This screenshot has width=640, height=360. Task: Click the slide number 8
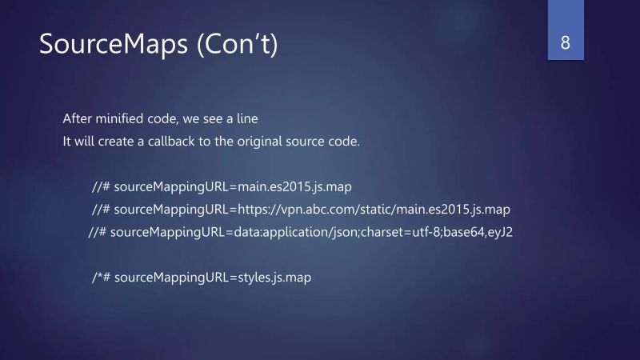pos(566,43)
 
